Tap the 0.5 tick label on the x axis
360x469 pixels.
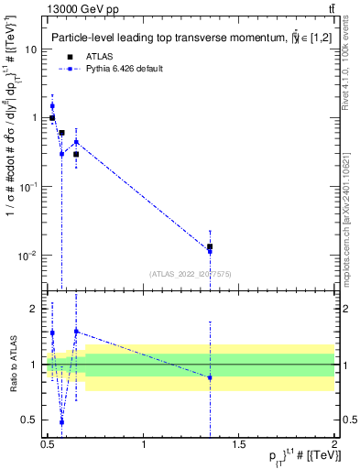(48, 445)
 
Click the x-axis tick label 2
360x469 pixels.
(334, 445)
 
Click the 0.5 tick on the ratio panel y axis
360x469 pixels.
(30, 420)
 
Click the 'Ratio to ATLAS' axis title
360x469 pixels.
(12, 365)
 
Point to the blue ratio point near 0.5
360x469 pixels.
(61, 422)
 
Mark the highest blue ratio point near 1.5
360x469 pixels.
(76, 331)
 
